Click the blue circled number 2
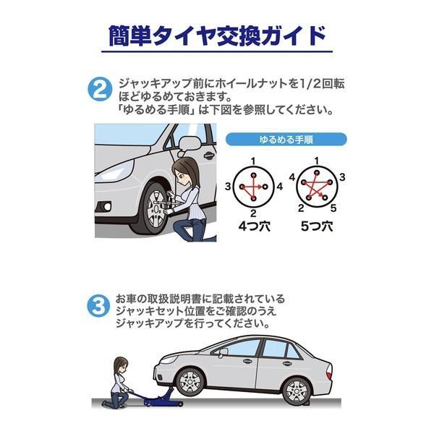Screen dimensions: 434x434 100,89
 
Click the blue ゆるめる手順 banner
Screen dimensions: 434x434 286,139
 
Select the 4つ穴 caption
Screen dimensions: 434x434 255,226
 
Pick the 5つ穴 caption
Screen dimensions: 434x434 317,226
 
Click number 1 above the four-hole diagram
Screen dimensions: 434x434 253,161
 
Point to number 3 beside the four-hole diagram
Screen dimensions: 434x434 228,187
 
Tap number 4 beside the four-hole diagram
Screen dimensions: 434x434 280,187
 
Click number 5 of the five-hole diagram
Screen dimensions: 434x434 333,208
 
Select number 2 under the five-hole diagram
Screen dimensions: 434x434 301,208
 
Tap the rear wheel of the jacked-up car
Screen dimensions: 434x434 297,391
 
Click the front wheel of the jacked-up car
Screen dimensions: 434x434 190,383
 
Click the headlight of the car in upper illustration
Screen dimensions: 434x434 116,171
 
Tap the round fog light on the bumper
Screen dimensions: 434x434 107,206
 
